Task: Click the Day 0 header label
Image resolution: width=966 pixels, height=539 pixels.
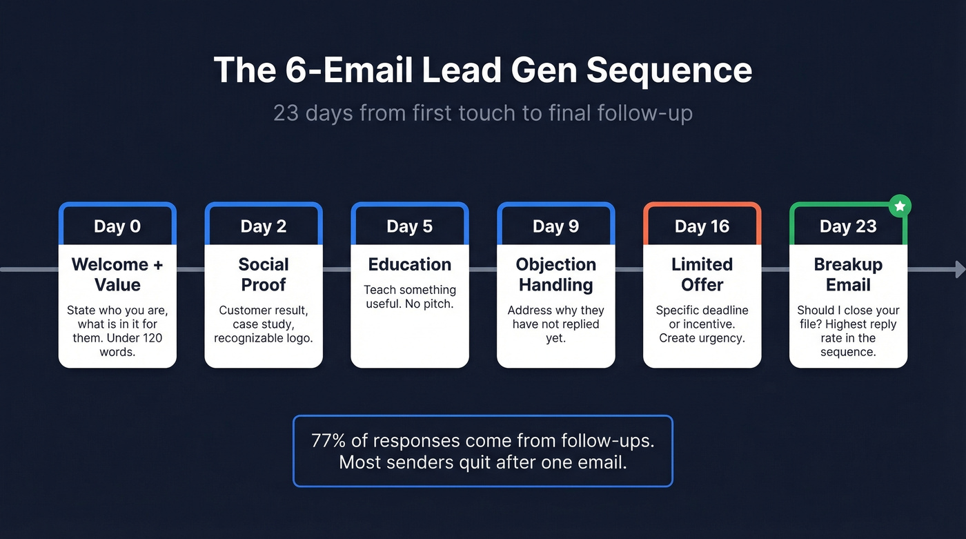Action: [117, 226]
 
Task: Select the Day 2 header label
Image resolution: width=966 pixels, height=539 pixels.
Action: [264, 226]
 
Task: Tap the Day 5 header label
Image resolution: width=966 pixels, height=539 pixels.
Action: [410, 226]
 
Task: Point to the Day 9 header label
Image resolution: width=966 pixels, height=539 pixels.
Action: [556, 226]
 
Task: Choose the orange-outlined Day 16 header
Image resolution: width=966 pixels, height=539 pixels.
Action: [702, 226]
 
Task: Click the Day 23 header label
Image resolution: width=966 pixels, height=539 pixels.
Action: [848, 226]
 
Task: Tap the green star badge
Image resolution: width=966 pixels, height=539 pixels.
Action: [900, 206]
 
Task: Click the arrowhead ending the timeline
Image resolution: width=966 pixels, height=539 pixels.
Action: [960, 269]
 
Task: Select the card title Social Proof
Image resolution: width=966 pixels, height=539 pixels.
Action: [264, 274]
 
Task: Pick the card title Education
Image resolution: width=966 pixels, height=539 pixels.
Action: [410, 264]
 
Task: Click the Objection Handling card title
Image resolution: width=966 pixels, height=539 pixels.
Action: [556, 274]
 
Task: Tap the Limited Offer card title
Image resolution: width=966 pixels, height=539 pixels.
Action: [702, 274]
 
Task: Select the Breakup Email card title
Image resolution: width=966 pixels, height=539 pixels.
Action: [848, 274]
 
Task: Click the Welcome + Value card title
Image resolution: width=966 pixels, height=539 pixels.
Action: [117, 274]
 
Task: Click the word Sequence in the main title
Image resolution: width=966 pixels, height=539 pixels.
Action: [669, 70]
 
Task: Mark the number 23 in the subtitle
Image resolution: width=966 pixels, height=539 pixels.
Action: [286, 112]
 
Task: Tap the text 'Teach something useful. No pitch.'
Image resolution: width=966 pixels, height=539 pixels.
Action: [410, 296]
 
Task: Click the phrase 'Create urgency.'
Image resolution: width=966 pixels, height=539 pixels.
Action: [702, 337]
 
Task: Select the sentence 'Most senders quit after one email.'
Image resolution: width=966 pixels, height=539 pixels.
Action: [482, 462]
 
